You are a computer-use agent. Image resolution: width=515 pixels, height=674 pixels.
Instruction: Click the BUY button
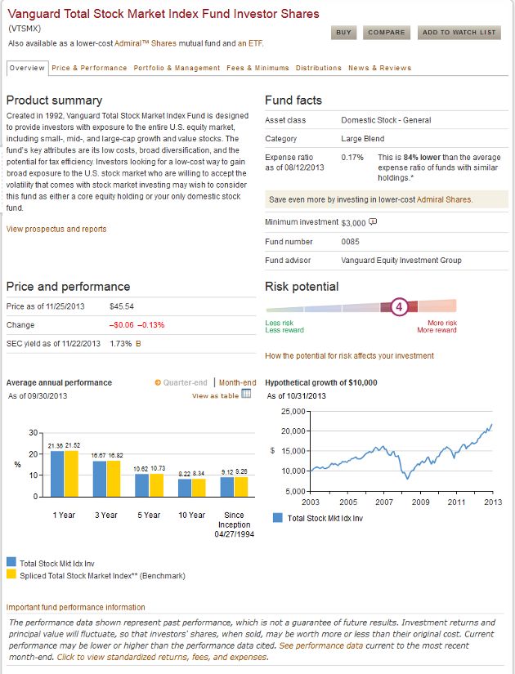click(x=343, y=33)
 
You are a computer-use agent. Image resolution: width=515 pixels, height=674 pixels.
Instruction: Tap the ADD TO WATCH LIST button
click(x=459, y=33)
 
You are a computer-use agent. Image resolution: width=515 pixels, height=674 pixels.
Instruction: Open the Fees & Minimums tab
click(x=257, y=68)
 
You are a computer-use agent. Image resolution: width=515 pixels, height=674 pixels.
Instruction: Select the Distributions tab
click(x=318, y=68)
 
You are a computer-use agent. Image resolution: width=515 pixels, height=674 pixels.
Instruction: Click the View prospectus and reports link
click(x=56, y=229)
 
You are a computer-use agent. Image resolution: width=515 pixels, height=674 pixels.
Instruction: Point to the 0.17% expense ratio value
click(x=352, y=158)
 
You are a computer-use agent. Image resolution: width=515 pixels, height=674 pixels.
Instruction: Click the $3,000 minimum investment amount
click(x=353, y=223)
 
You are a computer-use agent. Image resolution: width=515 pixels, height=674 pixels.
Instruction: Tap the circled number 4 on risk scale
click(x=399, y=307)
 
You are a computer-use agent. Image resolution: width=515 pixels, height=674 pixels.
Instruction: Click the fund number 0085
click(x=350, y=242)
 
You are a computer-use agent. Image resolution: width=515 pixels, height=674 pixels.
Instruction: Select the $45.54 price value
click(x=122, y=306)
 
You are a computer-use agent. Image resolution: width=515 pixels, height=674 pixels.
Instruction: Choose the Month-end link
click(x=238, y=382)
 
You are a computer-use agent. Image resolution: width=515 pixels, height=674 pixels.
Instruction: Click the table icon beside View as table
click(x=246, y=394)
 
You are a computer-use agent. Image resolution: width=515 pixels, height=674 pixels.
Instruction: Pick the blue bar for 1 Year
click(x=57, y=474)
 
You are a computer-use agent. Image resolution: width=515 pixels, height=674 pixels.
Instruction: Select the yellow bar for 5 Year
click(x=157, y=485)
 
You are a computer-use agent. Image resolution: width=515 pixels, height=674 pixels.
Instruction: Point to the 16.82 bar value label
click(x=116, y=456)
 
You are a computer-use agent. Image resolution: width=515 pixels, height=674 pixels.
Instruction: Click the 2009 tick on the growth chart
click(x=420, y=502)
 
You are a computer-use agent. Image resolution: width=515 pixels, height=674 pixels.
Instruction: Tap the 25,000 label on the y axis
click(x=293, y=412)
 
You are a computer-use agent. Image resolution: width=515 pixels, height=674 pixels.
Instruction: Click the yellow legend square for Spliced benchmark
click(x=11, y=574)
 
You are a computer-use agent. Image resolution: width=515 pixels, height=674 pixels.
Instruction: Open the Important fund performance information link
click(x=76, y=607)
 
